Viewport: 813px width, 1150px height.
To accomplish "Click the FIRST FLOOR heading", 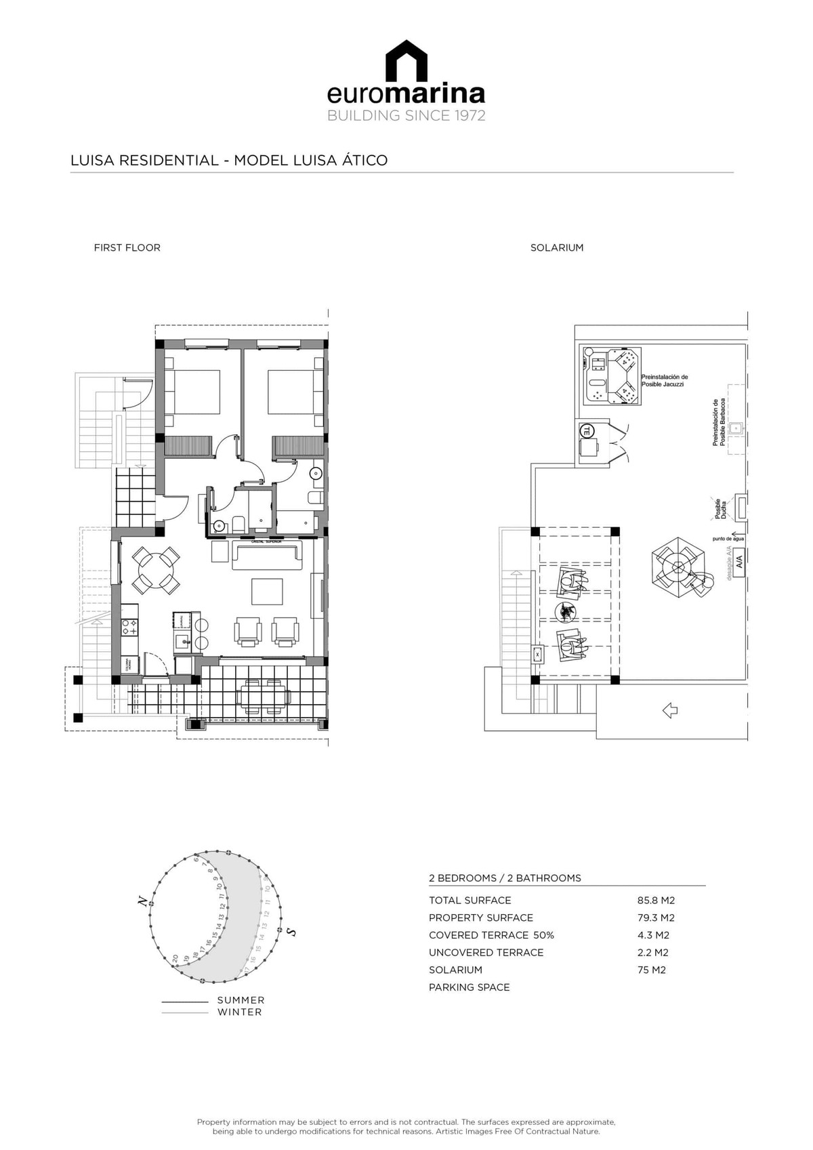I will point(127,248).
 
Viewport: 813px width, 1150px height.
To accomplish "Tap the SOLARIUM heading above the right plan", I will point(556,248).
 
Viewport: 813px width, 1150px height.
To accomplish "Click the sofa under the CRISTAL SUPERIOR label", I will point(268,556).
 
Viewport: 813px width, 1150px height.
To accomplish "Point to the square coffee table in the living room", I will point(267,591).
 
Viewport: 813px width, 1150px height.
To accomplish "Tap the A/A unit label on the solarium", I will point(739,562).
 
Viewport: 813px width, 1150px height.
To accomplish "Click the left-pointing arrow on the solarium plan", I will point(669,711).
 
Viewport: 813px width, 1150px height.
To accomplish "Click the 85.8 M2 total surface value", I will point(656,901).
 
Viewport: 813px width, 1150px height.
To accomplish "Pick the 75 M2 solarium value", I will point(651,970).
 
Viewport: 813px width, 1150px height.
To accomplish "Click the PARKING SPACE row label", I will point(469,988).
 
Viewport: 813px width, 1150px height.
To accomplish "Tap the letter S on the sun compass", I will point(292,932).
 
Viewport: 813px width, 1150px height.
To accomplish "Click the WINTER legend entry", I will point(239,1012).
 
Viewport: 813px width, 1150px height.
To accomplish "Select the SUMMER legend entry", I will point(241,1000).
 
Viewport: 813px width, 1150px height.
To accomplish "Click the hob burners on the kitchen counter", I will point(129,628).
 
